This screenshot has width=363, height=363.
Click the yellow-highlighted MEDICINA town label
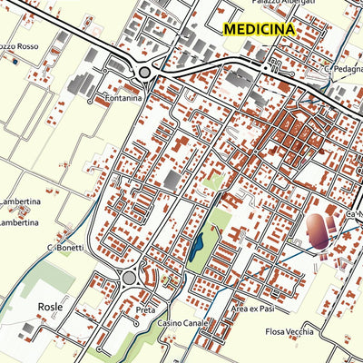(x=260, y=29)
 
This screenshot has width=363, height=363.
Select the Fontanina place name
(x=123, y=99)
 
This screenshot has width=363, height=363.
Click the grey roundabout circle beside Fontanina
(x=145, y=73)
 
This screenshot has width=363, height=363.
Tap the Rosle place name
(x=51, y=308)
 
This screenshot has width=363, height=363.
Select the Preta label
(x=145, y=309)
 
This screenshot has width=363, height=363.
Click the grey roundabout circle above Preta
(x=129, y=278)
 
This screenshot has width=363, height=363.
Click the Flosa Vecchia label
(x=290, y=332)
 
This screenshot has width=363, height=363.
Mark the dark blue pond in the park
(x=196, y=246)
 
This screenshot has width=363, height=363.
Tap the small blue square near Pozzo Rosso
(x=15, y=62)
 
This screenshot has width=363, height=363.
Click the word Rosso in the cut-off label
(x=25, y=45)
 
